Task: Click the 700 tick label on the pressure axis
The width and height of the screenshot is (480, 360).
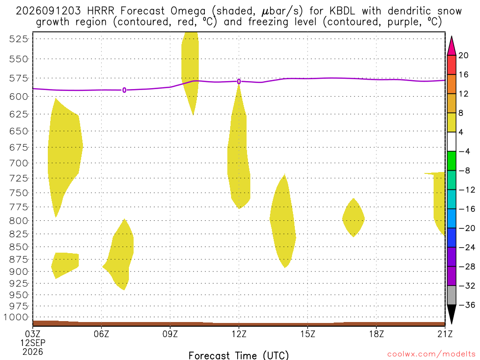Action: click(x=18, y=163)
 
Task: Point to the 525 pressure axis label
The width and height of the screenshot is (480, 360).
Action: click(x=18, y=39)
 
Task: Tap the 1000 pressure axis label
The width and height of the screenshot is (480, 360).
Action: click(x=16, y=317)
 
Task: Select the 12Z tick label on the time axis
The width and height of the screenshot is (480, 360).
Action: click(x=239, y=334)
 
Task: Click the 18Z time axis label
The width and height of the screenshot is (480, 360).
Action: click(x=376, y=334)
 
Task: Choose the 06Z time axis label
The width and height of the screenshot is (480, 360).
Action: click(x=101, y=334)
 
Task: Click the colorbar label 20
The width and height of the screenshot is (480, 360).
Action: click(x=464, y=55)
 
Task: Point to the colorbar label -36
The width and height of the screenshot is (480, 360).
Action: click(x=467, y=305)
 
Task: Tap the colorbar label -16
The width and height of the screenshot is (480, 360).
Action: click(x=467, y=209)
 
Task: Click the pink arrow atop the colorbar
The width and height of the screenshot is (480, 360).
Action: click(x=451, y=46)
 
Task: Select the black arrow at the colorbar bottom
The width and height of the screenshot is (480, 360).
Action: click(x=451, y=314)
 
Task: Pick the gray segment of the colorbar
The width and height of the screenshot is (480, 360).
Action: click(x=451, y=295)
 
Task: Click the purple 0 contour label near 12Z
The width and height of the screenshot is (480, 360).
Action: click(x=239, y=82)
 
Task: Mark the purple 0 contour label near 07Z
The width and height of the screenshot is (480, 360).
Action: click(x=124, y=90)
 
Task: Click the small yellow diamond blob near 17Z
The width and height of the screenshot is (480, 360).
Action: click(x=353, y=218)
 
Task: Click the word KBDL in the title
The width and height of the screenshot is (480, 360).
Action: click(x=342, y=11)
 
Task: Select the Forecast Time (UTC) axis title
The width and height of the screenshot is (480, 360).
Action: click(x=239, y=355)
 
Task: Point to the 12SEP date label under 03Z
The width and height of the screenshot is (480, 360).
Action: click(x=33, y=343)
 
